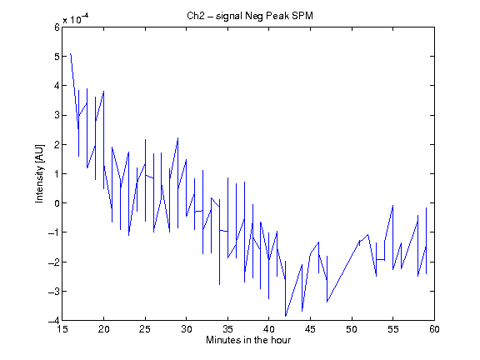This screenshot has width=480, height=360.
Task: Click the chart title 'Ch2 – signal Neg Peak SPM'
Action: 250,16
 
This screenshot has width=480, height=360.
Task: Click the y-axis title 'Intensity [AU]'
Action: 39,173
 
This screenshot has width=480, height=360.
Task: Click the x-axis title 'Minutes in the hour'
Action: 248,340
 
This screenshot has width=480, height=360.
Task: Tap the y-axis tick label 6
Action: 57,27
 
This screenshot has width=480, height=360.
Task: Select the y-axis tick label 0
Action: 57,203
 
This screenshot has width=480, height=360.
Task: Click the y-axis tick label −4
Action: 54,320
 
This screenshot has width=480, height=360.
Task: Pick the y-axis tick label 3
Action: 57,115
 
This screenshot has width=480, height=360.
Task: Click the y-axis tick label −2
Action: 54,262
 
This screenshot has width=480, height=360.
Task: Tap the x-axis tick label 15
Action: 62,329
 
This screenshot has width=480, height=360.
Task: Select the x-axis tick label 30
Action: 187,329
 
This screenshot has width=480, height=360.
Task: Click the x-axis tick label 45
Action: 310,329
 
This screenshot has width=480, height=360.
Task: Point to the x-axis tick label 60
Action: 434,329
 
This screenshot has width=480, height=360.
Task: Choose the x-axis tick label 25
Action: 145,329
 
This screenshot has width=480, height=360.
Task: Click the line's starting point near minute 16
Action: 71,54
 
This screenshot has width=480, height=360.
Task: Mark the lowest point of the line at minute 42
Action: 286,316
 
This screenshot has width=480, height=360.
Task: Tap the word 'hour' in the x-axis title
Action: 281,340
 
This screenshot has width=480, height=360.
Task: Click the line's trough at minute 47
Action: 327,302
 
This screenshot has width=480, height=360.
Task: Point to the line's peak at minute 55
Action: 392,206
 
